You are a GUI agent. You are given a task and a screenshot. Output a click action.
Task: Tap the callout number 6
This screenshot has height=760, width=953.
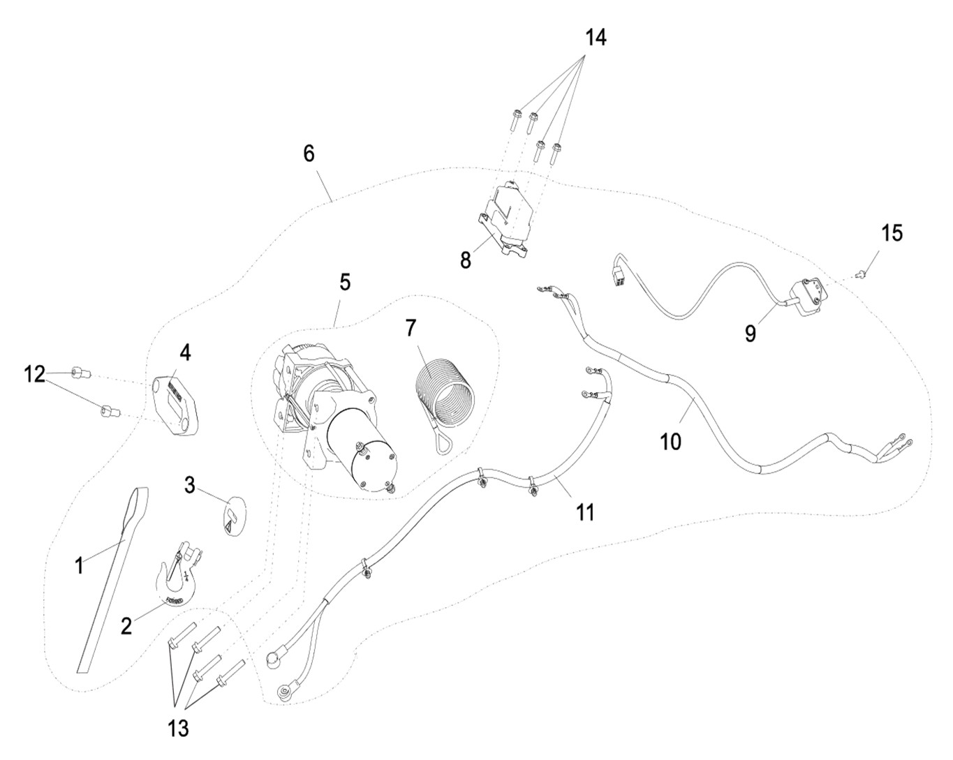[x=309, y=154]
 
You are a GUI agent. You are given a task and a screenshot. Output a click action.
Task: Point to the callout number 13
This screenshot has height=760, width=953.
[x=179, y=729]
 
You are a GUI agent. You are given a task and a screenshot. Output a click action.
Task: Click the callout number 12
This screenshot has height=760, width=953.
[x=34, y=375]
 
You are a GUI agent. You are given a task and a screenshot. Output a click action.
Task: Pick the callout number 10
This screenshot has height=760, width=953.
[x=671, y=441]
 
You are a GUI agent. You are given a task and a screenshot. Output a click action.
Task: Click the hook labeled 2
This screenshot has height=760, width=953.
[x=175, y=574]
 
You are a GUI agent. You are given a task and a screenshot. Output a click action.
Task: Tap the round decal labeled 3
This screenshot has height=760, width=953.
[x=234, y=516]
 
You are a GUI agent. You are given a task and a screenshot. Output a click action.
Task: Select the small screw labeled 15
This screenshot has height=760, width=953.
[x=864, y=273]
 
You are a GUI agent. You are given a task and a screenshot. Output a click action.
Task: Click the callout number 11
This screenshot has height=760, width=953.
[x=584, y=512]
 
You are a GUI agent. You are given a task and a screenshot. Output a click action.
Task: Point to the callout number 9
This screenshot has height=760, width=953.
[x=750, y=333]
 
